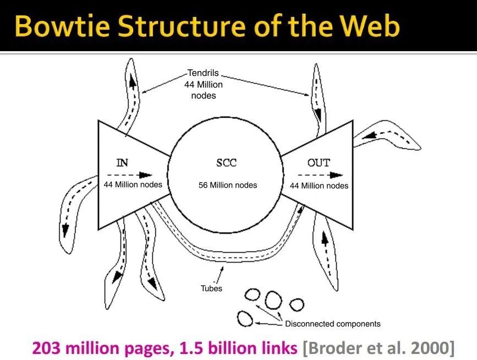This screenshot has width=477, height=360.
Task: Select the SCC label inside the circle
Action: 226,163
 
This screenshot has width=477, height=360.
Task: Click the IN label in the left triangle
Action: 123,162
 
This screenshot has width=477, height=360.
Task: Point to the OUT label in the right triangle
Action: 319,162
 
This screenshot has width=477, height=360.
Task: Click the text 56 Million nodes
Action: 228,185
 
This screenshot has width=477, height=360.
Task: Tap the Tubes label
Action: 211,288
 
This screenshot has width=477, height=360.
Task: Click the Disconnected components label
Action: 333,324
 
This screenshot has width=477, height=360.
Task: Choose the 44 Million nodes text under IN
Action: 133,184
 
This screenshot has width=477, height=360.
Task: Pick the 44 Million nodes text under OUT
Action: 319,186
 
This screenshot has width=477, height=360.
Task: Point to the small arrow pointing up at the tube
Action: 221,269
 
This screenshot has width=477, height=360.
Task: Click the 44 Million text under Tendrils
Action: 204,85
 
